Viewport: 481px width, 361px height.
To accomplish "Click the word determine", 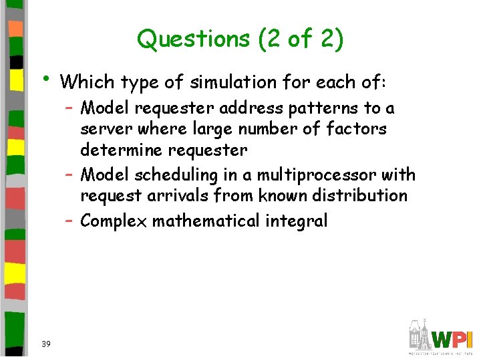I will click(128, 150).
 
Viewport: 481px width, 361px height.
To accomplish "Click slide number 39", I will click(46, 344).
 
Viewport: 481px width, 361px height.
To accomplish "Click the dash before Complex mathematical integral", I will click(69, 220).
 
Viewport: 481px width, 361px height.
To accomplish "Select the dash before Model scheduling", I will click(69, 174).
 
